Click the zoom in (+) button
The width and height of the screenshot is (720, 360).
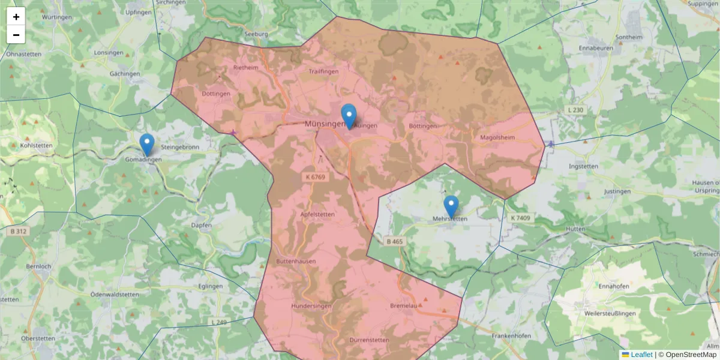click(16, 17)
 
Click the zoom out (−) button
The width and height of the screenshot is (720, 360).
click(16, 35)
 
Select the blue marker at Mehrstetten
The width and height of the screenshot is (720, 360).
click(451, 206)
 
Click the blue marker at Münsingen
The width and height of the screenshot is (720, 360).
click(349, 115)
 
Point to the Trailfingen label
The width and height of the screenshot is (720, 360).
click(323, 71)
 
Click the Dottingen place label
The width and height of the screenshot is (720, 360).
click(216, 94)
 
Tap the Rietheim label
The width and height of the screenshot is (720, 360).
click(245, 68)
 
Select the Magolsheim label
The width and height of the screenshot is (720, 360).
click(497, 137)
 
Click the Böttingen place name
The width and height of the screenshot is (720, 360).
click(422, 127)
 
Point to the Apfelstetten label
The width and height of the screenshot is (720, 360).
click(317, 214)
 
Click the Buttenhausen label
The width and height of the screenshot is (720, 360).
click(296, 262)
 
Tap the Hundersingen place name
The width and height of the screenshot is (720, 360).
click(311, 306)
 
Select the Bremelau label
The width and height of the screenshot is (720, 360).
click(403, 306)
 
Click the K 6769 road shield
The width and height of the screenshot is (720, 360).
click(316, 177)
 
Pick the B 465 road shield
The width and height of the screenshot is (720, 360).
click(395, 241)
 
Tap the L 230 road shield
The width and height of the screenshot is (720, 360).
click(574, 110)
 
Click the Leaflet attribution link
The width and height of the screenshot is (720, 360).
click(641, 355)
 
